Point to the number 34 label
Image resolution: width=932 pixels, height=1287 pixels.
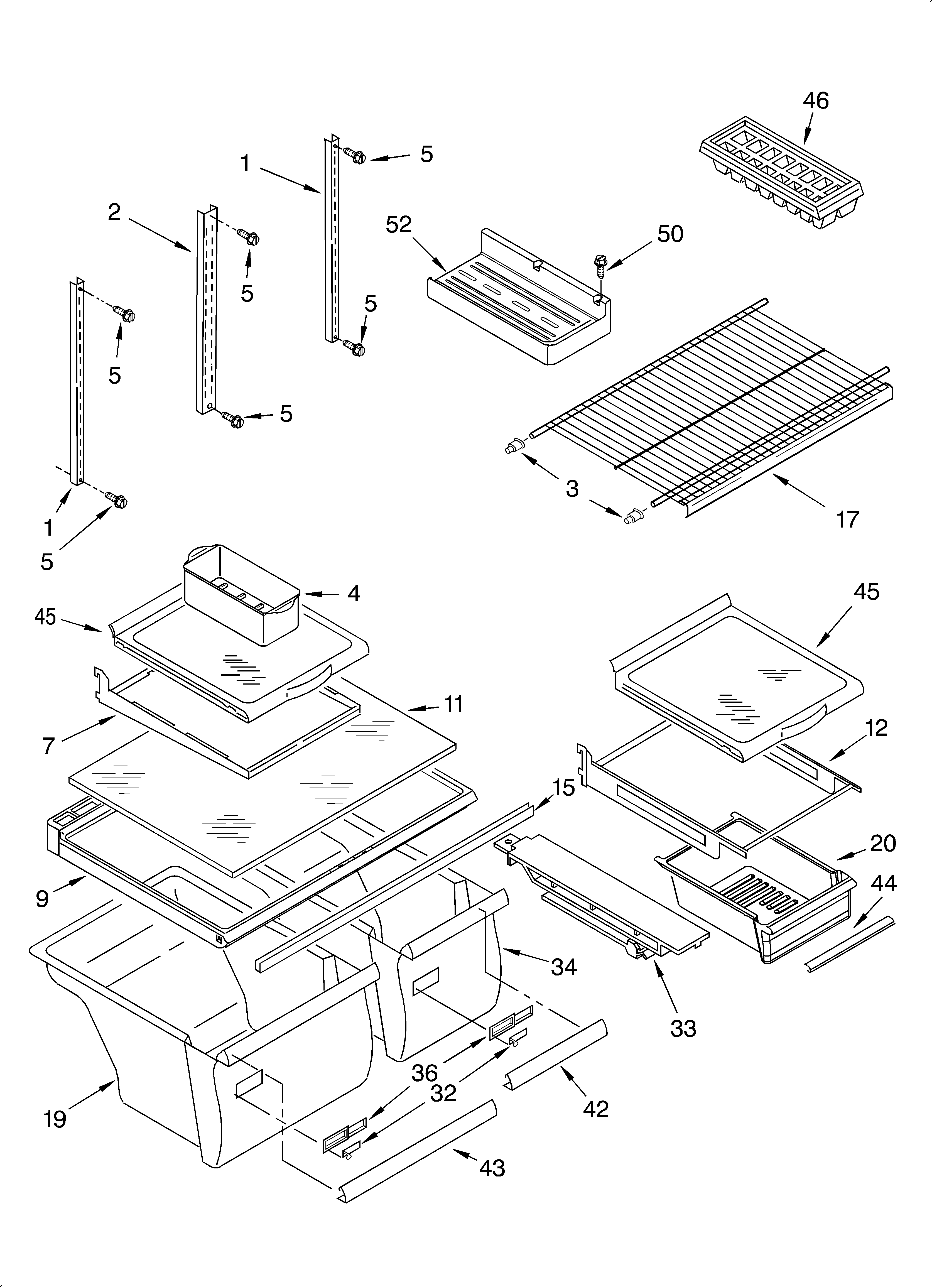564,966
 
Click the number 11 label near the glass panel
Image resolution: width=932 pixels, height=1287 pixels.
453,704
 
